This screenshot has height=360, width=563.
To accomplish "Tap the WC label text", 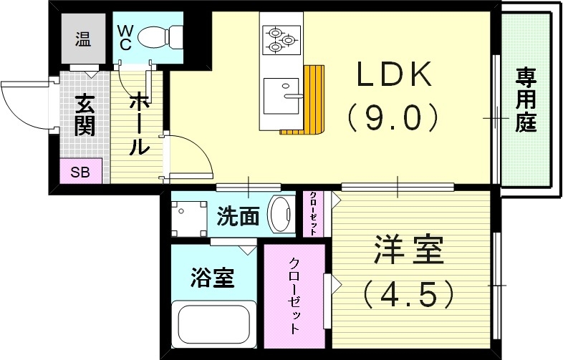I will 124,37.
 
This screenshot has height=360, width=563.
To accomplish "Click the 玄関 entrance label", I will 83,115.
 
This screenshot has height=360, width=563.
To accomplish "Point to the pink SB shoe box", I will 80,172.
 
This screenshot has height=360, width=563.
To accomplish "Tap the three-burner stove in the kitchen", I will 280,40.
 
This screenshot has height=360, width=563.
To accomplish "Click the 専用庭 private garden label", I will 526,99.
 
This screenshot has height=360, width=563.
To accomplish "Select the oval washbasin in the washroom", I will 280,213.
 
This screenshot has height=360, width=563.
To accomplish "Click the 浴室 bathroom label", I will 213,277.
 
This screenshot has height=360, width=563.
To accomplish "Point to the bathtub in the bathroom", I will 213,324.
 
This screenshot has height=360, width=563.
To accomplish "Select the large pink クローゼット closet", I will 294,296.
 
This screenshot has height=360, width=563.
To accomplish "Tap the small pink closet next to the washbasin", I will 314,213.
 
